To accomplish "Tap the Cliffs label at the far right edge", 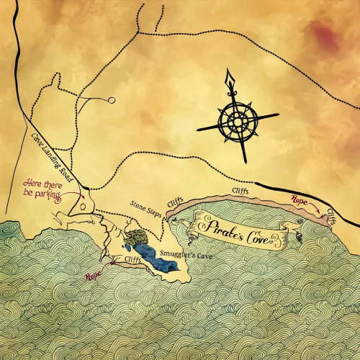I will click(330, 215).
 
